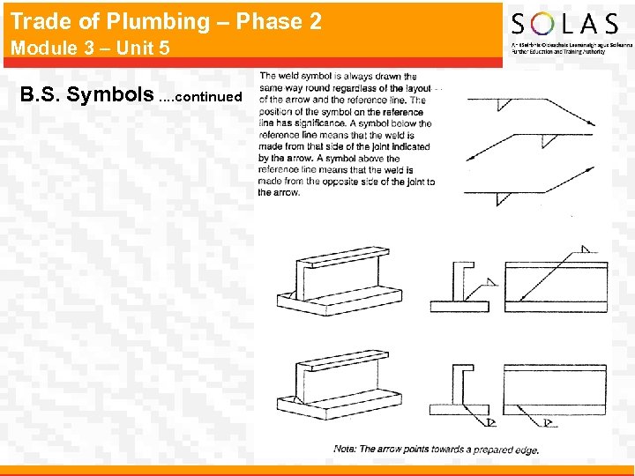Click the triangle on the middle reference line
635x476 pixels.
pyautogui.click(x=546, y=140)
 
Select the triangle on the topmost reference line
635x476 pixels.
pyautogui.click(x=503, y=104)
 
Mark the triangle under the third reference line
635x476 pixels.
pyautogui.click(x=503, y=199)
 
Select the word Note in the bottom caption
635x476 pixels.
pyautogui.click(x=345, y=450)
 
